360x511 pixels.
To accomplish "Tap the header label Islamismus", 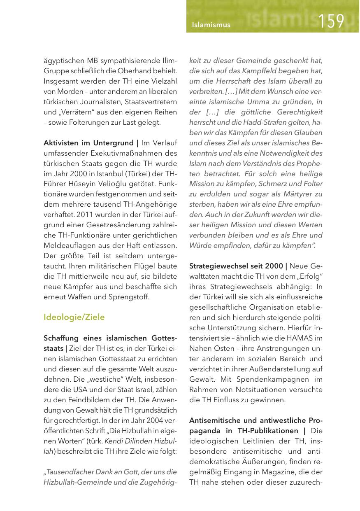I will [211, 25].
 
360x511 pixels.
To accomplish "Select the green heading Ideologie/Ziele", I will [74, 317].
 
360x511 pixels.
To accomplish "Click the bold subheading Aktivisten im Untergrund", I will [89, 143].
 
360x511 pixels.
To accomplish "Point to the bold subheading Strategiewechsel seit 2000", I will [236, 266].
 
